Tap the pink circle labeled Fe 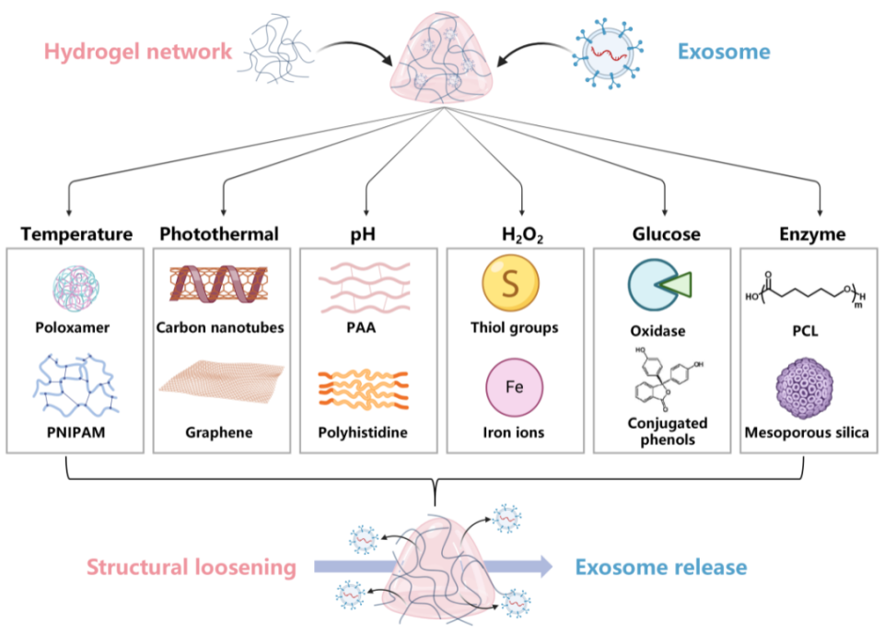514,385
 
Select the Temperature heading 76,234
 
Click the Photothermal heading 219,234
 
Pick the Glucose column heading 666,234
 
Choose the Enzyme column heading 811,234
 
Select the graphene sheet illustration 219,382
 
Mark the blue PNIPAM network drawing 75,385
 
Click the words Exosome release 661,568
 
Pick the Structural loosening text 192,568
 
